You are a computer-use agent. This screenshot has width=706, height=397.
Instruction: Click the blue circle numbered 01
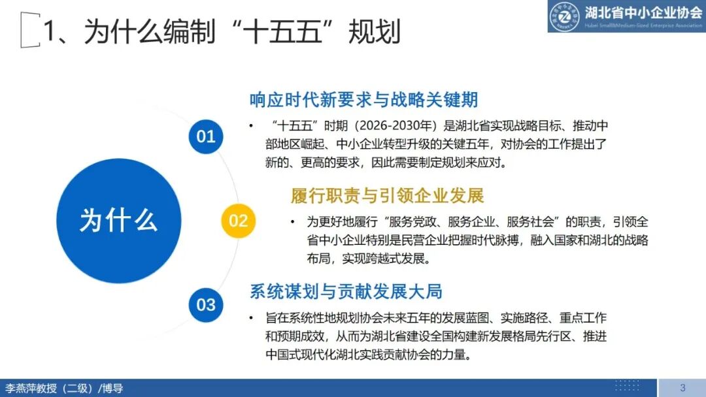pyautogui.click(x=206, y=136)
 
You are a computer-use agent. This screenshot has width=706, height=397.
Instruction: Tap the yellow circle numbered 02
pyautogui.click(x=239, y=220)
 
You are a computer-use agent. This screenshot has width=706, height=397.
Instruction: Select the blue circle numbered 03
pyautogui.click(x=206, y=304)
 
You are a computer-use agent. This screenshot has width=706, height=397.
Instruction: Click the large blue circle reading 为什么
pyautogui.click(x=118, y=220)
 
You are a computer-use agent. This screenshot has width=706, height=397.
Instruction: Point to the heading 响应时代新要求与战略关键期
pyautogui.click(x=363, y=100)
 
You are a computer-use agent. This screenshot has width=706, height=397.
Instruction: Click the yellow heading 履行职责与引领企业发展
pyautogui.click(x=387, y=195)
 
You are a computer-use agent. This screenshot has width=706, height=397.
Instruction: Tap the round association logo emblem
pyautogui.click(x=564, y=16)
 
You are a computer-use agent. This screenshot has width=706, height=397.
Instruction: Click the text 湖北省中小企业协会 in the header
pyautogui.click(x=644, y=12)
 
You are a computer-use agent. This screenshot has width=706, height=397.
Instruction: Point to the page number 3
pyautogui.click(x=682, y=388)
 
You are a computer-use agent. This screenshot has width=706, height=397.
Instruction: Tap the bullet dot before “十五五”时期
pyautogui.click(x=251, y=125)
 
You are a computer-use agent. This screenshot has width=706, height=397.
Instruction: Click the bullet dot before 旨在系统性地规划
pyautogui.click(x=251, y=318)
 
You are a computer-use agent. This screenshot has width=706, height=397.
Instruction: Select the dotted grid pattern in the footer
pyautogui.click(x=627, y=385)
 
